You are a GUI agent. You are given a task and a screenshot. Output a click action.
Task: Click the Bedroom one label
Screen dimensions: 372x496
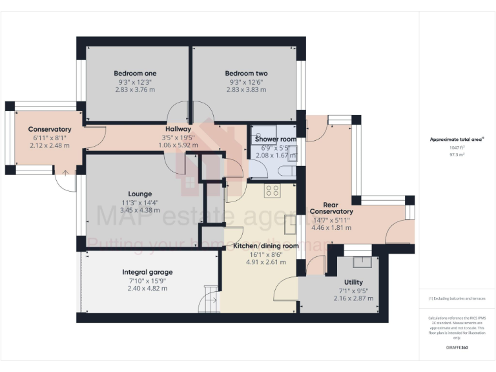tap(135, 73)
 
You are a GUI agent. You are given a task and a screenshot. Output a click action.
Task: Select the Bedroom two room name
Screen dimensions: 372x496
tap(246, 73)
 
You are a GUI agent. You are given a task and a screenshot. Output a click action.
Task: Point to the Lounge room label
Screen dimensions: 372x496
tap(139, 194)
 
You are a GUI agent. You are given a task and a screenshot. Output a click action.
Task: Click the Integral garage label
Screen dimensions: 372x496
tap(147, 272)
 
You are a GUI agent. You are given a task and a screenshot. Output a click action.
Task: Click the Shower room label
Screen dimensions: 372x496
tap(275, 139)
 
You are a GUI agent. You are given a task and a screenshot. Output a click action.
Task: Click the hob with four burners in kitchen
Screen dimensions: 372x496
tap(272, 191)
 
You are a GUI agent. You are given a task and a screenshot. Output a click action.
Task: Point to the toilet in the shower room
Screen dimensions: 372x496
tap(287, 171)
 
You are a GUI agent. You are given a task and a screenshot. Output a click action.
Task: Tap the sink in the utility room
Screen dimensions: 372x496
tap(362, 262)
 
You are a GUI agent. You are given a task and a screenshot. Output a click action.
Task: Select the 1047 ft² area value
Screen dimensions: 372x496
tap(457, 147)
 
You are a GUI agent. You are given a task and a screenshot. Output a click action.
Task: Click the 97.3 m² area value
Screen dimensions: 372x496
tap(457, 155)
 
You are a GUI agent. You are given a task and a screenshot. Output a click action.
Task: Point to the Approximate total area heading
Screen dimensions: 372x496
tap(457, 139)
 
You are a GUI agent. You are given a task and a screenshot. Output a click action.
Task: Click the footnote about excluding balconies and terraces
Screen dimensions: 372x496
tap(457, 299)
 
